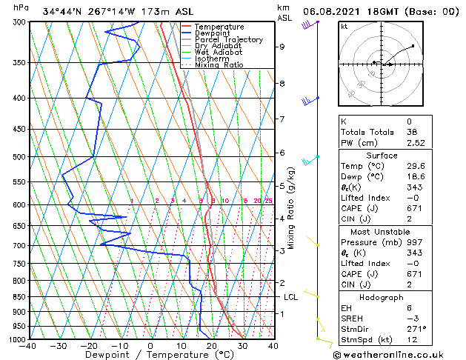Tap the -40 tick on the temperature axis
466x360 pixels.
tap(28, 345)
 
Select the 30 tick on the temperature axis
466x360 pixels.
tap(242, 345)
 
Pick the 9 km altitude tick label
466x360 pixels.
tap(282, 47)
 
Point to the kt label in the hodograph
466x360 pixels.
tap(344, 26)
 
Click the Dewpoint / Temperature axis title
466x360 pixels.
tap(150, 355)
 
